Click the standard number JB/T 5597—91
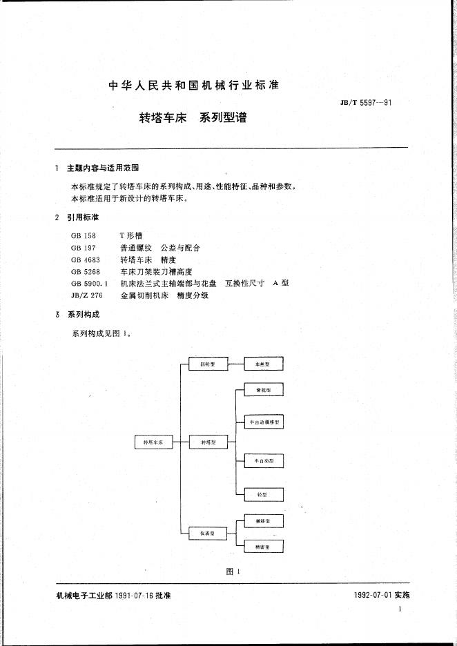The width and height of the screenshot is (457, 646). [366, 103]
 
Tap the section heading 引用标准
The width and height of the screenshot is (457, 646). [83, 217]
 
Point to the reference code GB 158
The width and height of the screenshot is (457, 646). [83, 235]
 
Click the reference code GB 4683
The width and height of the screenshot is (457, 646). [86, 260]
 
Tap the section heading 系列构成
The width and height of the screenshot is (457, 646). [83, 315]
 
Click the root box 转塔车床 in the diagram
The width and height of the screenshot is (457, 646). [153, 442]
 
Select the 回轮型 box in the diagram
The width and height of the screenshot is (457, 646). [208, 364]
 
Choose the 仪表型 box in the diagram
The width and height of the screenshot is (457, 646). [208, 534]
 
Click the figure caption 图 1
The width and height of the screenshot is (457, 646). [232, 571]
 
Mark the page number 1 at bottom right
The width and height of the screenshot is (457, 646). [400, 609]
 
